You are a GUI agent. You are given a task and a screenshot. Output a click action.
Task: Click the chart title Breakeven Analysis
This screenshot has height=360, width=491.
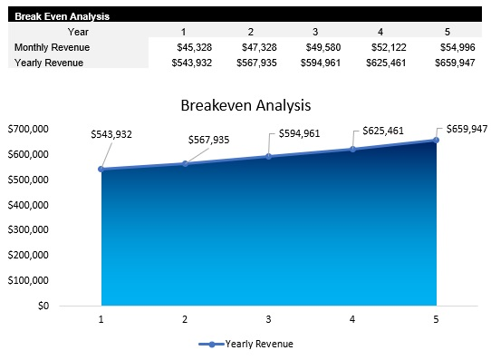coord(246,105)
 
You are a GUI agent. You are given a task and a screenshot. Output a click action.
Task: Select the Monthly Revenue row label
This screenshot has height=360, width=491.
coord(52,47)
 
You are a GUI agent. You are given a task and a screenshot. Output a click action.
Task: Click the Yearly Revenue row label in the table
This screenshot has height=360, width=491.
coord(49,63)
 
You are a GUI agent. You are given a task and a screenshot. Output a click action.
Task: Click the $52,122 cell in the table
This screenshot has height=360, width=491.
coord(389,47)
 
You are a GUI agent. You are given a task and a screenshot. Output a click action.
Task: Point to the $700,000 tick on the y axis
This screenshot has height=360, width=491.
coord(29,129)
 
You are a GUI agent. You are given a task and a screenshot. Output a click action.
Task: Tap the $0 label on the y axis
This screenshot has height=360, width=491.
coord(42,306)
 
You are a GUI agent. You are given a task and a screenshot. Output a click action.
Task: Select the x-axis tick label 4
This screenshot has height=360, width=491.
coord(352,319)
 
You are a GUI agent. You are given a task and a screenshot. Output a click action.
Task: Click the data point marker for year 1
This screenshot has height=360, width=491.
coord(101,170)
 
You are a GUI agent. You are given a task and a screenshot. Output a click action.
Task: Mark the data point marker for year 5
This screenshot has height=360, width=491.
coord(436,140)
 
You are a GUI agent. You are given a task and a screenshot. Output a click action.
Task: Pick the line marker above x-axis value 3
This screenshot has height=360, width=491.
coord(268,156)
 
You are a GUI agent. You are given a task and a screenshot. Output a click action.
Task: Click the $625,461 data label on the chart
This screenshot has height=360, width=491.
coord(383,131)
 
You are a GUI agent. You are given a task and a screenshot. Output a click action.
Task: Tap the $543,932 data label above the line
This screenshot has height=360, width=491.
coord(111,134)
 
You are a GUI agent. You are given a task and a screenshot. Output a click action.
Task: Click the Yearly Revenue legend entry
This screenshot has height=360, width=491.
coord(246,345)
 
